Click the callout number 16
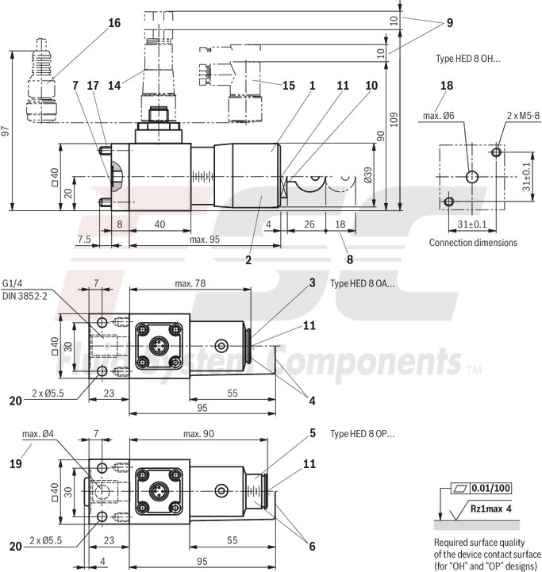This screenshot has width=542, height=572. [x=114, y=22]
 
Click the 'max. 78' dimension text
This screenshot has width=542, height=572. [x=190, y=283]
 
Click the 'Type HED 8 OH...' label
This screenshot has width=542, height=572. [x=468, y=60]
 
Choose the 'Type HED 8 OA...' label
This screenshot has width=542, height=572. [x=362, y=283]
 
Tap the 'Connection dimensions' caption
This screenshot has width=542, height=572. [x=473, y=242]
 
